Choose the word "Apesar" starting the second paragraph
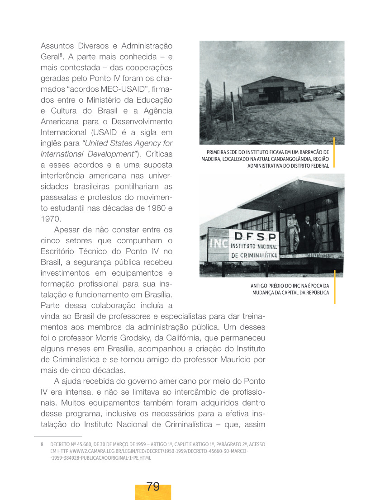tap(67, 230)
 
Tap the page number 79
tap(153, 487)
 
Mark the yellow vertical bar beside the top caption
tap(334, 152)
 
